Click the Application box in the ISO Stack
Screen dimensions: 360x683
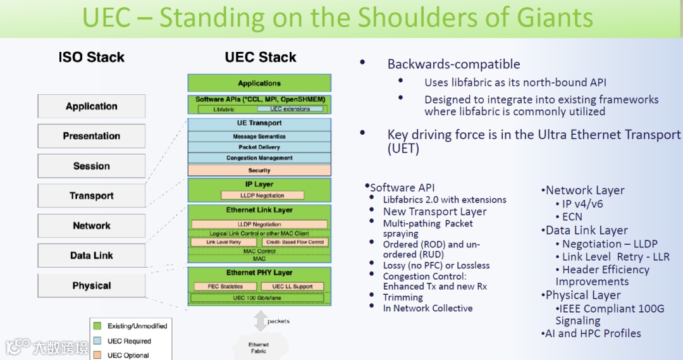(x=92, y=106)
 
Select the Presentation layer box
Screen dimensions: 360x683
(x=92, y=136)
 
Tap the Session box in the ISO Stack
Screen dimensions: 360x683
(x=92, y=166)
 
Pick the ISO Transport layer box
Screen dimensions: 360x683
(x=92, y=196)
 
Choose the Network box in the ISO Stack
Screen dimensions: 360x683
(x=92, y=226)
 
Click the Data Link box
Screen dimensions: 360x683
(x=92, y=256)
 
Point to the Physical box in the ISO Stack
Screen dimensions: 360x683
(x=92, y=285)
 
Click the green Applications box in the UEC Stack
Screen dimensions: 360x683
(x=259, y=83)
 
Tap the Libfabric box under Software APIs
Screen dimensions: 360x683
(x=224, y=109)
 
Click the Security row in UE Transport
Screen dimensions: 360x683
(x=259, y=170)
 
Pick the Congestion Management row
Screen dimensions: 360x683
(x=259, y=158)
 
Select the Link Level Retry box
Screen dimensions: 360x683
(x=224, y=242)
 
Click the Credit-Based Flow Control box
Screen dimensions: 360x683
(x=295, y=242)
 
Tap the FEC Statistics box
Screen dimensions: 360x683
(x=225, y=286)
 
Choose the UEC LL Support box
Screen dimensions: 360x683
(x=292, y=286)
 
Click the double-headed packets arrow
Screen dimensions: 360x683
(x=260, y=321)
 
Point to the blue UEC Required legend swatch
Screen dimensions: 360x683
(x=97, y=341)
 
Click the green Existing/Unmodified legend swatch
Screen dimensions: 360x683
(x=97, y=326)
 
